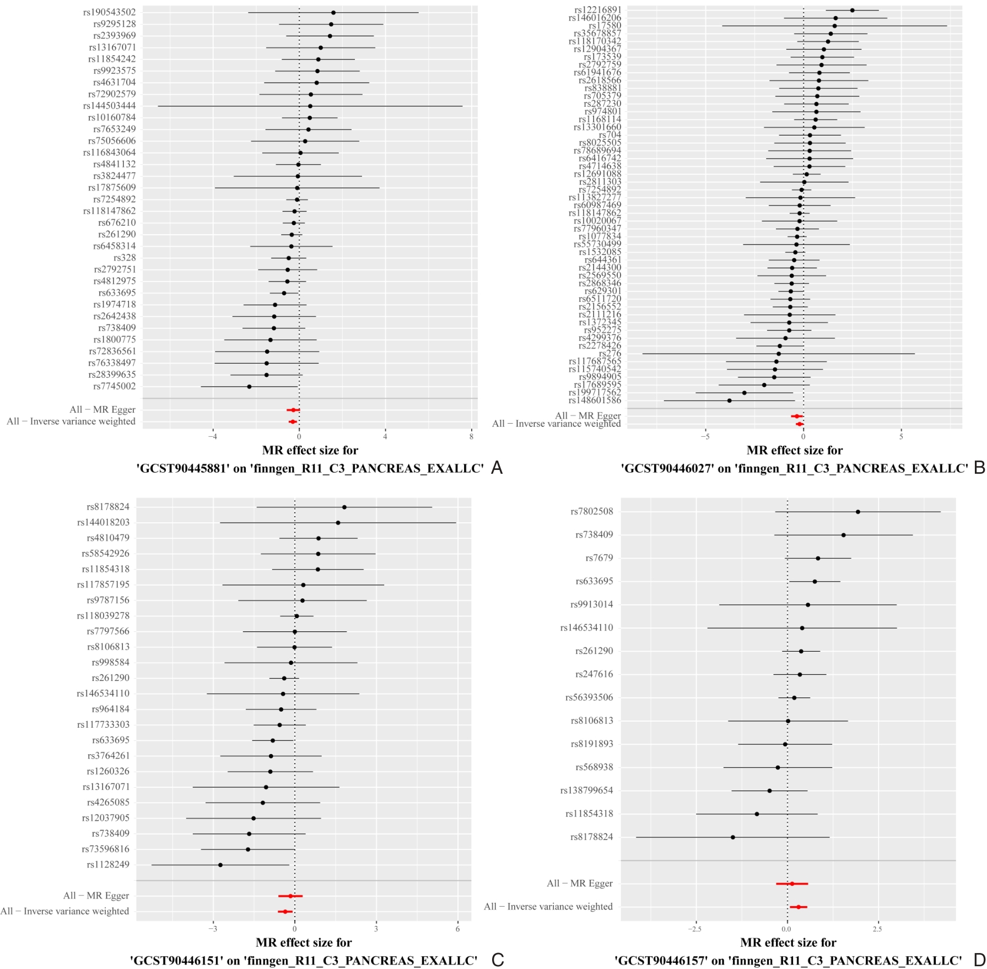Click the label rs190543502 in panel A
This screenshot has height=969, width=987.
click(x=109, y=12)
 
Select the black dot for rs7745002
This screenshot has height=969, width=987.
click(x=249, y=387)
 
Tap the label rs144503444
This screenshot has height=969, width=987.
click(x=109, y=106)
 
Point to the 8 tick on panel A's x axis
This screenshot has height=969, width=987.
click(x=471, y=437)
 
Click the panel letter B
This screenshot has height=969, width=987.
click(x=979, y=468)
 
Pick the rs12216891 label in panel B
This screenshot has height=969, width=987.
click(x=597, y=10)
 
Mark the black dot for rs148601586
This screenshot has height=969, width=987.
click(x=730, y=400)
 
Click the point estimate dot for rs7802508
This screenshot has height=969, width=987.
click(x=858, y=512)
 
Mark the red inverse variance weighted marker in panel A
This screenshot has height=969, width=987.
click(x=292, y=422)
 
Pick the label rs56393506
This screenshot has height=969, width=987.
click(x=589, y=697)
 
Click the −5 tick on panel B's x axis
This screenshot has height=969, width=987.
click(x=705, y=437)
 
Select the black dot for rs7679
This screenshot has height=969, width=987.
click(x=818, y=558)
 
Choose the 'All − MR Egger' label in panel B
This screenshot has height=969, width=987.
click(x=587, y=416)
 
